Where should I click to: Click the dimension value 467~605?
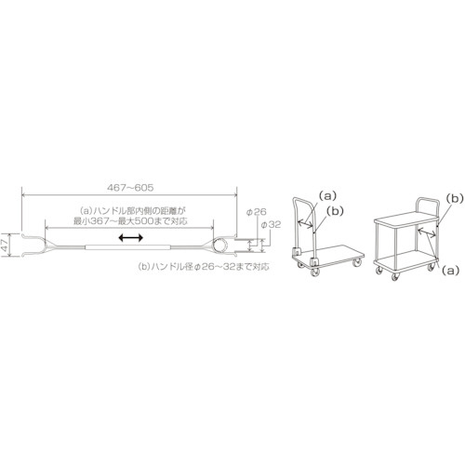tap(130, 188)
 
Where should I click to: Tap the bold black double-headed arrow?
tap(131, 238)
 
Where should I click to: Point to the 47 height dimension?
tap(5, 245)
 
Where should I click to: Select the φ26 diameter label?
tap(256, 212)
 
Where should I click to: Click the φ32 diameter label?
tap(271, 225)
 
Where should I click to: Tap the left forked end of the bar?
tap(34, 245)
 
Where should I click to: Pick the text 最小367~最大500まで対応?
tap(131, 221)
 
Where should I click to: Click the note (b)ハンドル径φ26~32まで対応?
tap(204, 267)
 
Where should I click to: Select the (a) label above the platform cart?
tap(327, 195)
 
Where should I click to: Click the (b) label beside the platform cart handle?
tap(335, 211)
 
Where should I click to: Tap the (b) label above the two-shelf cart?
tap(455, 198)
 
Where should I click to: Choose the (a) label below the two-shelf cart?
tap(449, 271)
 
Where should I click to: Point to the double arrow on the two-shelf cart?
tap(427, 232)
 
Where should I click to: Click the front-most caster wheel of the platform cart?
tap(315, 272)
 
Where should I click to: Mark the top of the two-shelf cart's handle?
tap(428, 199)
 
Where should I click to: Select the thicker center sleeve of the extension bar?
tap(128, 247)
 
